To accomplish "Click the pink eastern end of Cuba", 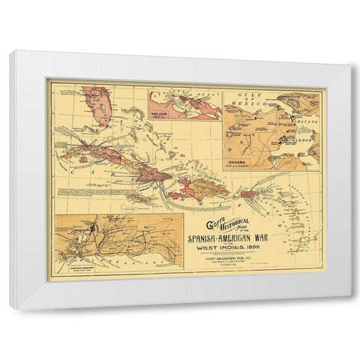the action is point(157,174).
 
